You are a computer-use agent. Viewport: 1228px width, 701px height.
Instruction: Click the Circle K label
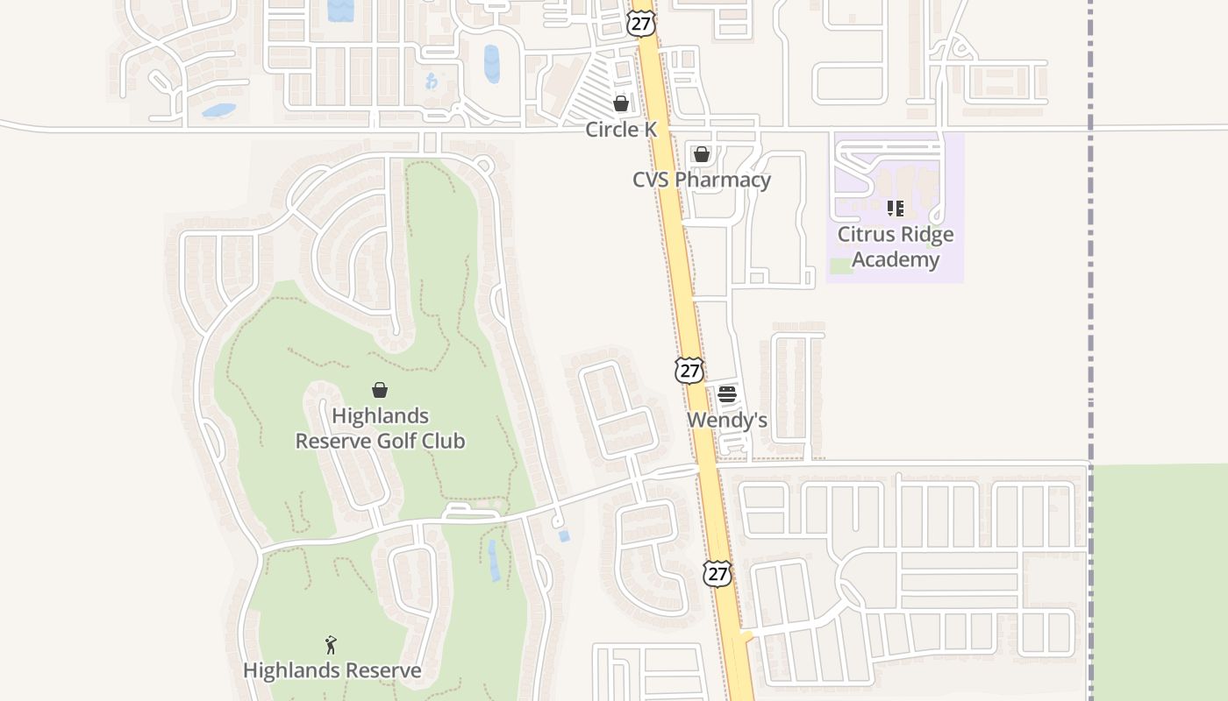pyautogui.click(x=621, y=130)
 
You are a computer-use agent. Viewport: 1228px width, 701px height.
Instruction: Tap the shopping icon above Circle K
pyautogui.click(x=621, y=103)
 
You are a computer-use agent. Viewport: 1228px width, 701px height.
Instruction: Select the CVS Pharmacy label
pyautogui.click(x=702, y=180)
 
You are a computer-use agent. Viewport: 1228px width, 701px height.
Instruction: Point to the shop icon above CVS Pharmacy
pyautogui.click(x=702, y=155)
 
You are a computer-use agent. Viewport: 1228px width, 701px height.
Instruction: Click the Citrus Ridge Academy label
pyautogui.click(x=896, y=246)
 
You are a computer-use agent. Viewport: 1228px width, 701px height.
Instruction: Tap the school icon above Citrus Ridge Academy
pyautogui.click(x=896, y=209)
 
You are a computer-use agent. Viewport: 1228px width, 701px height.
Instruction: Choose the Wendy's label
pyautogui.click(x=727, y=420)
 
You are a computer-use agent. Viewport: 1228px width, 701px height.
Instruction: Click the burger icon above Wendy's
pyautogui.click(x=727, y=394)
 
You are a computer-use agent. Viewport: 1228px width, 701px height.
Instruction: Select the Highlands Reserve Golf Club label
pyautogui.click(x=380, y=428)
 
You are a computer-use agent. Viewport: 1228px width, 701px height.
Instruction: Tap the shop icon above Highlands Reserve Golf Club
pyautogui.click(x=380, y=390)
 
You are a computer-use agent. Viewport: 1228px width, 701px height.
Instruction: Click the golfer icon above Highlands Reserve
pyautogui.click(x=331, y=645)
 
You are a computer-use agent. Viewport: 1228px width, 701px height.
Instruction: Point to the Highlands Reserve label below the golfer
pyautogui.click(x=332, y=670)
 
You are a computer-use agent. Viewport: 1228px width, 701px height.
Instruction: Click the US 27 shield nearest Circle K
pyautogui.click(x=642, y=23)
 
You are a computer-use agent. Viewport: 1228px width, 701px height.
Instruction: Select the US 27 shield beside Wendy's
pyautogui.click(x=689, y=370)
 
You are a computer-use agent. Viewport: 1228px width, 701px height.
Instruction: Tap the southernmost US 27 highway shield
pyautogui.click(x=718, y=574)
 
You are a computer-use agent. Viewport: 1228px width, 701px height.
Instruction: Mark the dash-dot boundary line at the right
pyautogui.click(x=1091, y=263)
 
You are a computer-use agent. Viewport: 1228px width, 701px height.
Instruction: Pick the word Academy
pyautogui.click(x=896, y=259)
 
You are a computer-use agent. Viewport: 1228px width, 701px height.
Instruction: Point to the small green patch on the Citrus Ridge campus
pyautogui.click(x=841, y=266)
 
